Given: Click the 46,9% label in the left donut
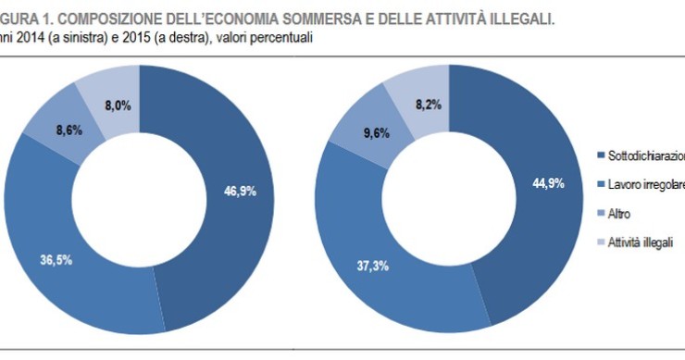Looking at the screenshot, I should click(240, 192).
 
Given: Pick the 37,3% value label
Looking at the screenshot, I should click(375, 265).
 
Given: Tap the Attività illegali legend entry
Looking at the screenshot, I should click(641, 242).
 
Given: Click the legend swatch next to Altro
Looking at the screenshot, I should click(602, 213).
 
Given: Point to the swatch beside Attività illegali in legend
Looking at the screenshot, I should click(602, 242).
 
